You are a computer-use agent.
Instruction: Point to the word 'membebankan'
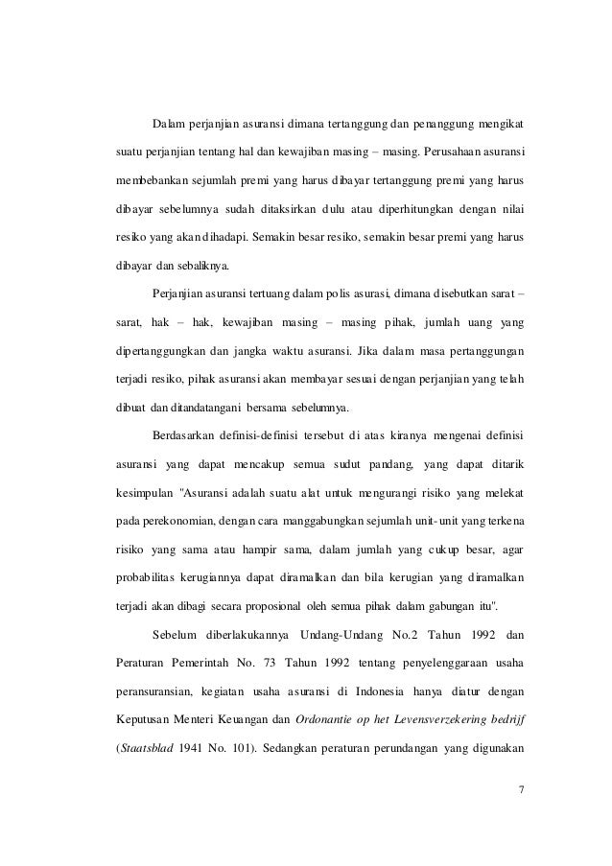click(x=143, y=181)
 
